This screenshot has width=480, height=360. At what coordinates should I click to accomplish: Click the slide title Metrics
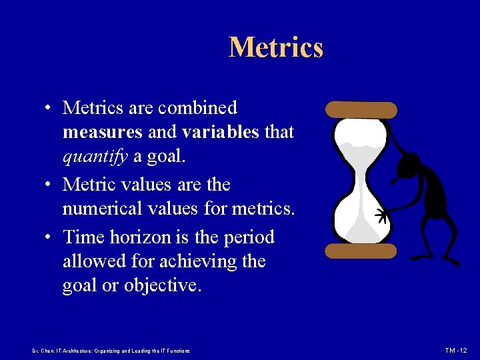pos(276,47)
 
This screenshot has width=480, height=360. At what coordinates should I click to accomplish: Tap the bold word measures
pos(102,133)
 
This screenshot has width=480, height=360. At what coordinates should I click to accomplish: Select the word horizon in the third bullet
pos(147,236)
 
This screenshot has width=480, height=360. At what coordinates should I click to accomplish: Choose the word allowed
pos(94,261)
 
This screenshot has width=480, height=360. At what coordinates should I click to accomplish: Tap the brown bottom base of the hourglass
pos(361,251)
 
